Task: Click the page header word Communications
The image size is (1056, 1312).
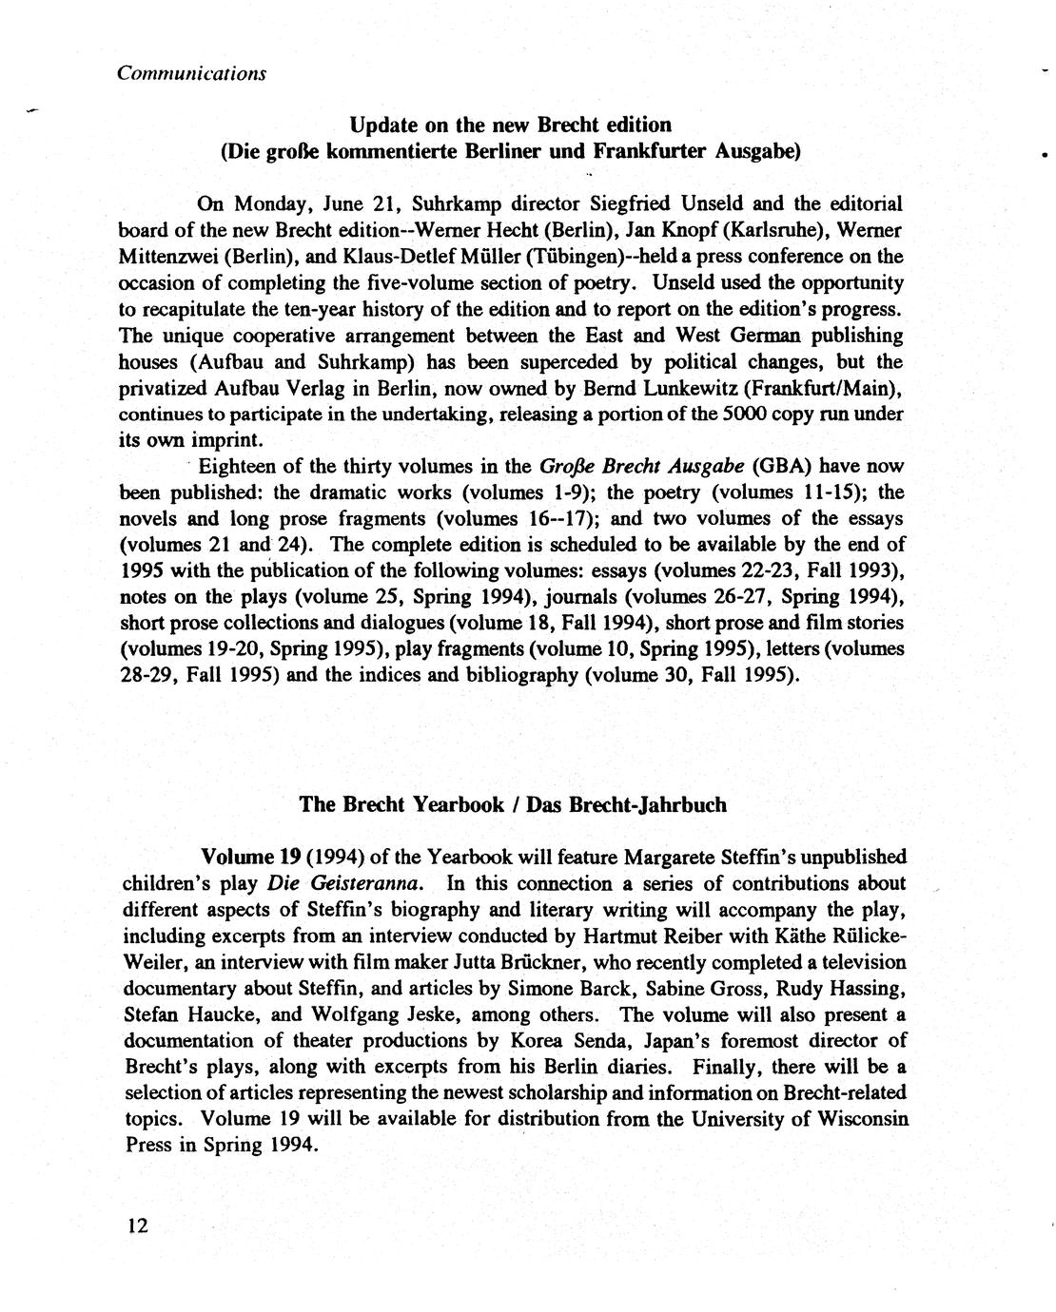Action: click(x=191, y=73)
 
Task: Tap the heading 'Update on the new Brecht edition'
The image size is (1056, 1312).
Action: click(x=510, y=125)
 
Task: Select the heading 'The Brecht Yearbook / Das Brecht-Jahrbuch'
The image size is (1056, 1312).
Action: click(x=513, y=804)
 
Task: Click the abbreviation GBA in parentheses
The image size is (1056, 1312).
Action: click(x=780, y=467)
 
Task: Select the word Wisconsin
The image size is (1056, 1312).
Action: click(x=864, y=1118)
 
